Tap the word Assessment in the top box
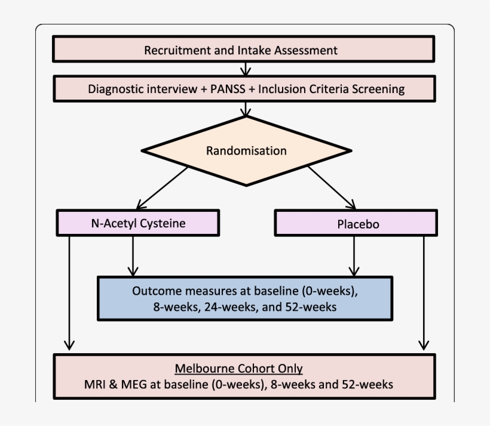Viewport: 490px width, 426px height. [305, 50]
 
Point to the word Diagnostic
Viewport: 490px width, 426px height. [115, 89]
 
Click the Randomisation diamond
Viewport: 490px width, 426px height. [246, 150]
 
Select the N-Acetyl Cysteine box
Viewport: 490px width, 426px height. [137, 224]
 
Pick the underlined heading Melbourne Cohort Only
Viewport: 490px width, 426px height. [238, 369]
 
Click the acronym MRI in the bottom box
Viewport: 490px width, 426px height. [97, 384]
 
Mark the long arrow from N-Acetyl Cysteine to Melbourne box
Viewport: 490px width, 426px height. [69, 292]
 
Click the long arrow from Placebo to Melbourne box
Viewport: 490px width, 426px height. [424, 292]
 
